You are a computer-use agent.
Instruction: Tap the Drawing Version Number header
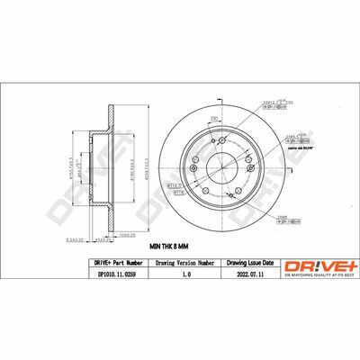[184, 262]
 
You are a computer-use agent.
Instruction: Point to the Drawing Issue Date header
[244, 262]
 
